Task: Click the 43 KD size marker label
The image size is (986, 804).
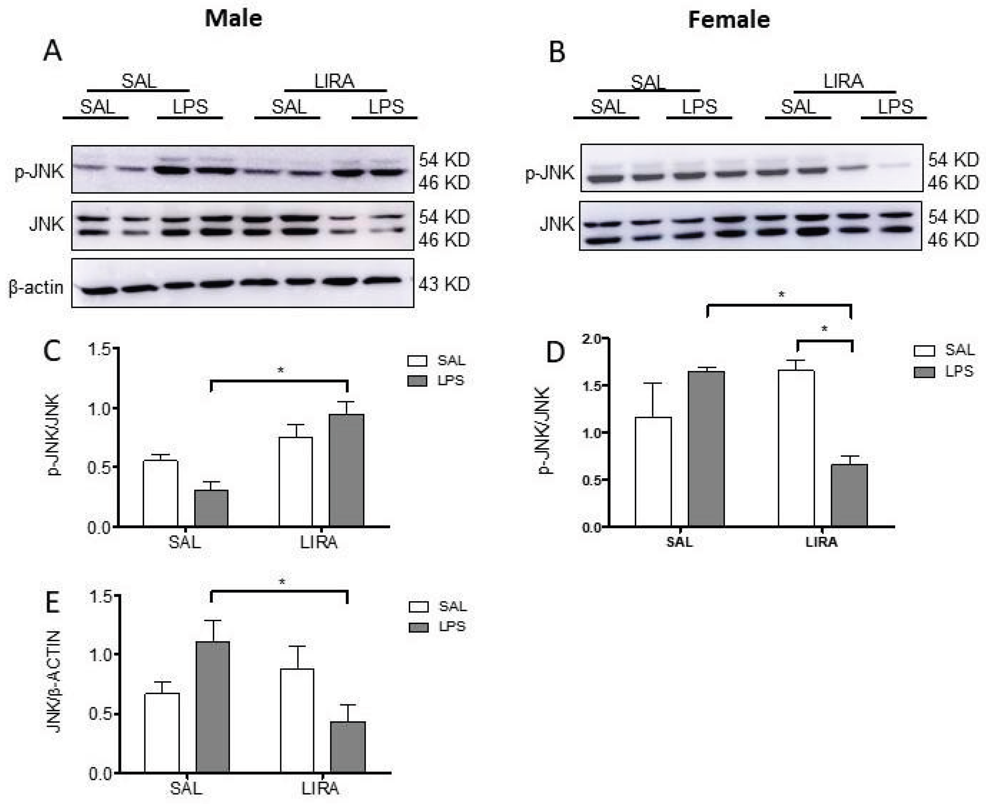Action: point(444,284)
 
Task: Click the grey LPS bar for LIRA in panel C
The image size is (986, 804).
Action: point(346,470)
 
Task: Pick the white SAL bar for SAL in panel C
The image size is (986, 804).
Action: point(160,493)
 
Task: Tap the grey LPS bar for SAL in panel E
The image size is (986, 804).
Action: point(212,707)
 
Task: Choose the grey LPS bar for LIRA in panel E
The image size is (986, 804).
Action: point(348,747)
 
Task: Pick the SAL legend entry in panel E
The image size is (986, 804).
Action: point(438,606)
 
